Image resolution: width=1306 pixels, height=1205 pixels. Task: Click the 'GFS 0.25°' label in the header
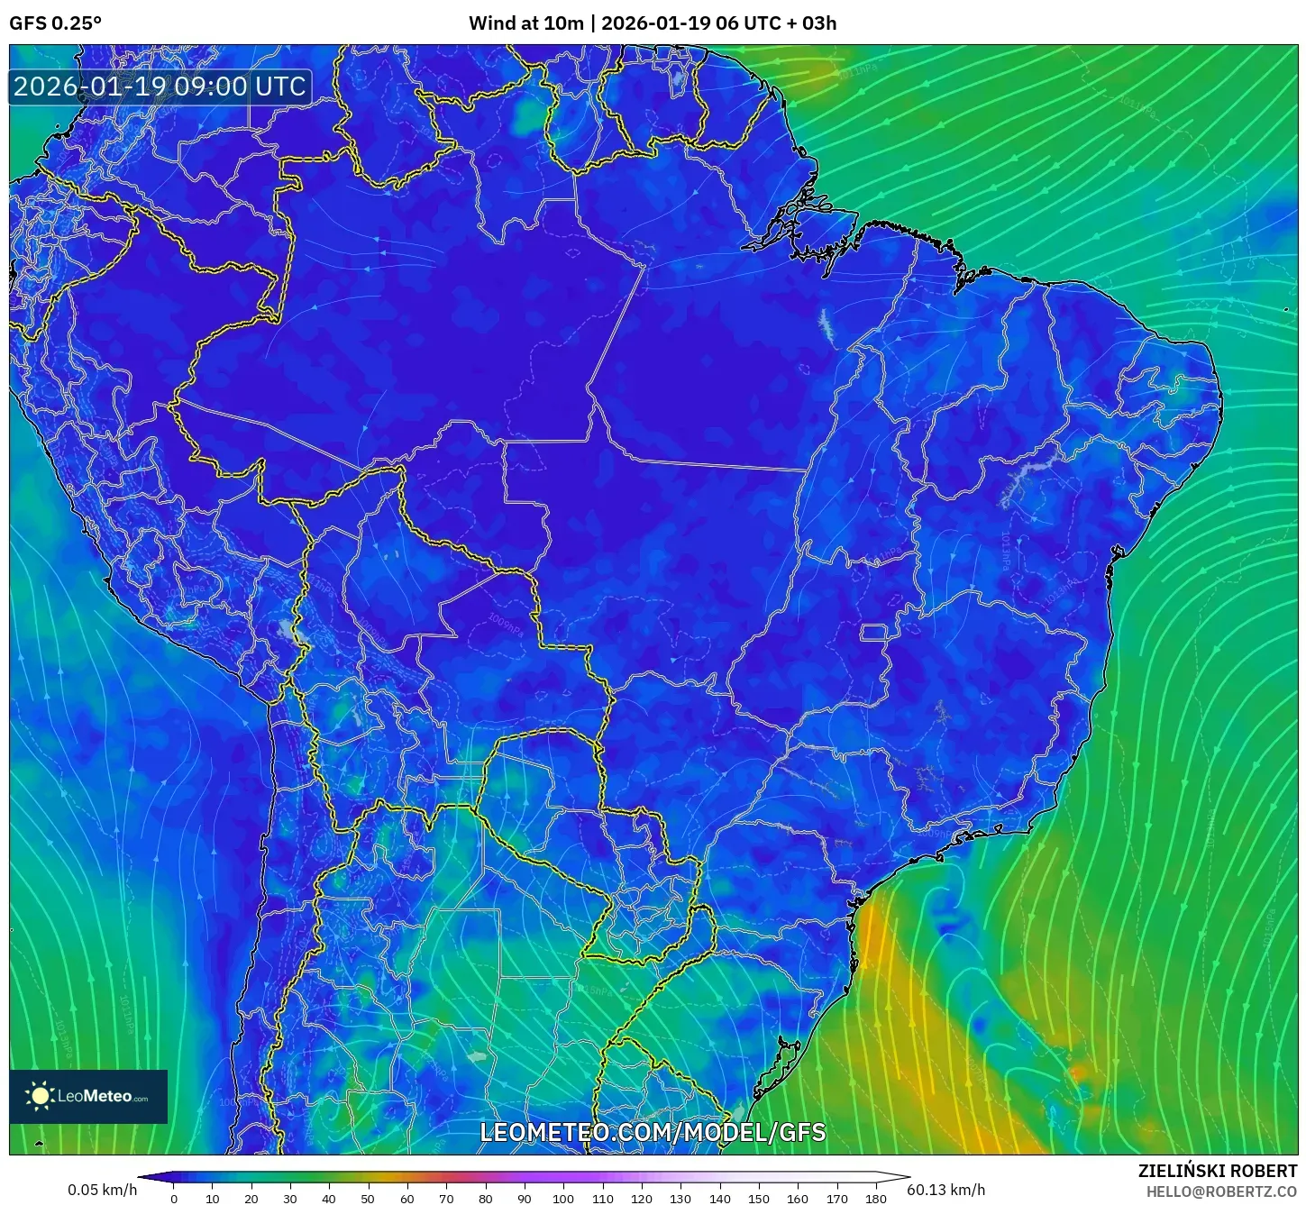55,23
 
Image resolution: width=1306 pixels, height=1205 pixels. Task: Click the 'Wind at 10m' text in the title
525,23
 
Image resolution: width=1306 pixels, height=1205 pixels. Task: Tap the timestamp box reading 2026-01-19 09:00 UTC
160,87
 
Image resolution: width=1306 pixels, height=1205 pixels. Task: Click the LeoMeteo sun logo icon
40,1096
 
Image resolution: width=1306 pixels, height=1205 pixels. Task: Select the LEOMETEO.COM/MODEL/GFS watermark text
653,1132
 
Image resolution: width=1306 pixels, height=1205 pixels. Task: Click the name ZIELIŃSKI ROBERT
1218,1171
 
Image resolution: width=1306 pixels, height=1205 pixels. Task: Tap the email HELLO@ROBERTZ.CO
1221,1191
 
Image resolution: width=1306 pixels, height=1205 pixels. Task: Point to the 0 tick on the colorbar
174,1198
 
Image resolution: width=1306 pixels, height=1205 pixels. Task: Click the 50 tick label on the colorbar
368,1198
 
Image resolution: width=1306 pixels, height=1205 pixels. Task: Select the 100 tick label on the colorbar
563,1198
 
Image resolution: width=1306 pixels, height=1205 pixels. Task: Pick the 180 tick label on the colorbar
875,1198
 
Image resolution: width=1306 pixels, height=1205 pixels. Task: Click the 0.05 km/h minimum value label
102,1190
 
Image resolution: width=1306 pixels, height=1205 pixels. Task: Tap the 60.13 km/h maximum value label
945,1190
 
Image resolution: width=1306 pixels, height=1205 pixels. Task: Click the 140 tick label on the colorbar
719,1198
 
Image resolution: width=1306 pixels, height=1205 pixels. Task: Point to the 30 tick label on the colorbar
290,1198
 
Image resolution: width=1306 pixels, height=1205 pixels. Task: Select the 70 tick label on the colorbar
446,1198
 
